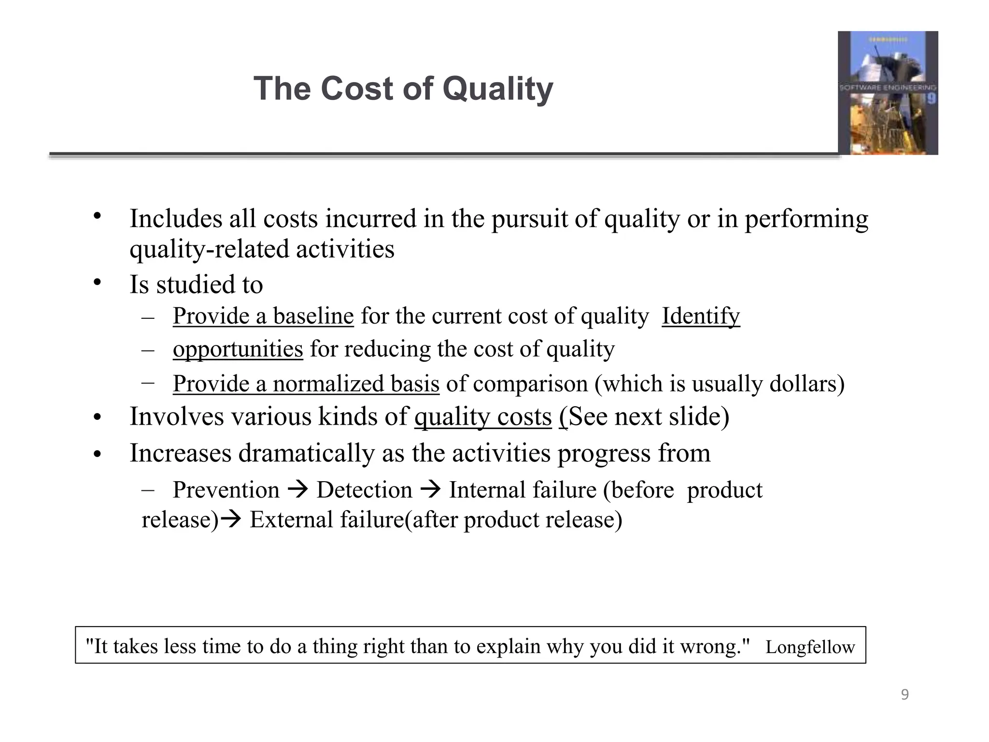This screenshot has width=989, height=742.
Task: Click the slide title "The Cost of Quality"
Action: [403, 89]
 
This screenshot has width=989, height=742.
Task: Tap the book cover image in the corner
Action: [888, 93]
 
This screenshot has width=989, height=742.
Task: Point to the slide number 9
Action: [904, 695]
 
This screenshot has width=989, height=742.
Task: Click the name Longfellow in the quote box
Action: [810, 647]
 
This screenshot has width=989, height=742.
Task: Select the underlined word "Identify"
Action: [700, 316]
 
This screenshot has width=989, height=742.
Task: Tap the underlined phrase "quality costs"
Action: [482, 416]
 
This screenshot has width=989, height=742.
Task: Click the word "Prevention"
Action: [226, 490]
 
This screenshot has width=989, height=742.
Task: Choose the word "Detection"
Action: [364, 490]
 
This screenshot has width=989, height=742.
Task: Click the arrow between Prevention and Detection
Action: [297, 490]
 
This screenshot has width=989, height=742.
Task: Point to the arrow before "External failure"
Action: [233, 520]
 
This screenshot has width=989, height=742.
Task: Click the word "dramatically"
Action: [307, 453]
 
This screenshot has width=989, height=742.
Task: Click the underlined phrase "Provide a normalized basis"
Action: [306, 384]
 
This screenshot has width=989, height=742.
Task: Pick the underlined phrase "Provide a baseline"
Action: [263, 316]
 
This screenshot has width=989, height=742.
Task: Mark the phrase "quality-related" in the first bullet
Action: [209, 249]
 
